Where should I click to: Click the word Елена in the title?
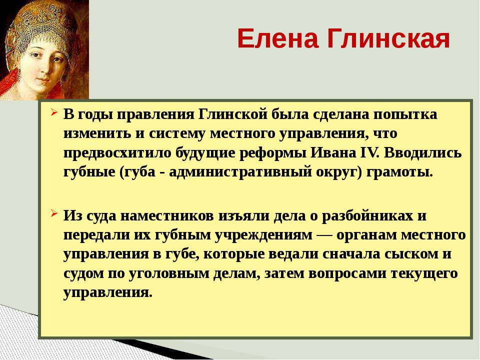[x=277, y=38]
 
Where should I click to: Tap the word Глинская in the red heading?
[x=388, y=38]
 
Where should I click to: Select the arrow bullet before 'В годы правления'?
[x=54, y=112]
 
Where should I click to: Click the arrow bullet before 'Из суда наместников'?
[x=54, y=213]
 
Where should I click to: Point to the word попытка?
[x=405, y=114]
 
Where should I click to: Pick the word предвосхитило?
[x=117, y=153]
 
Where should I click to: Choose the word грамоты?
[x=400, y=172]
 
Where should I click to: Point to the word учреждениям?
[x=263, y=235]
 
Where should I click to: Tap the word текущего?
[x=424, y=273]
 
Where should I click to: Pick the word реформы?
[x=272, y=153]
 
